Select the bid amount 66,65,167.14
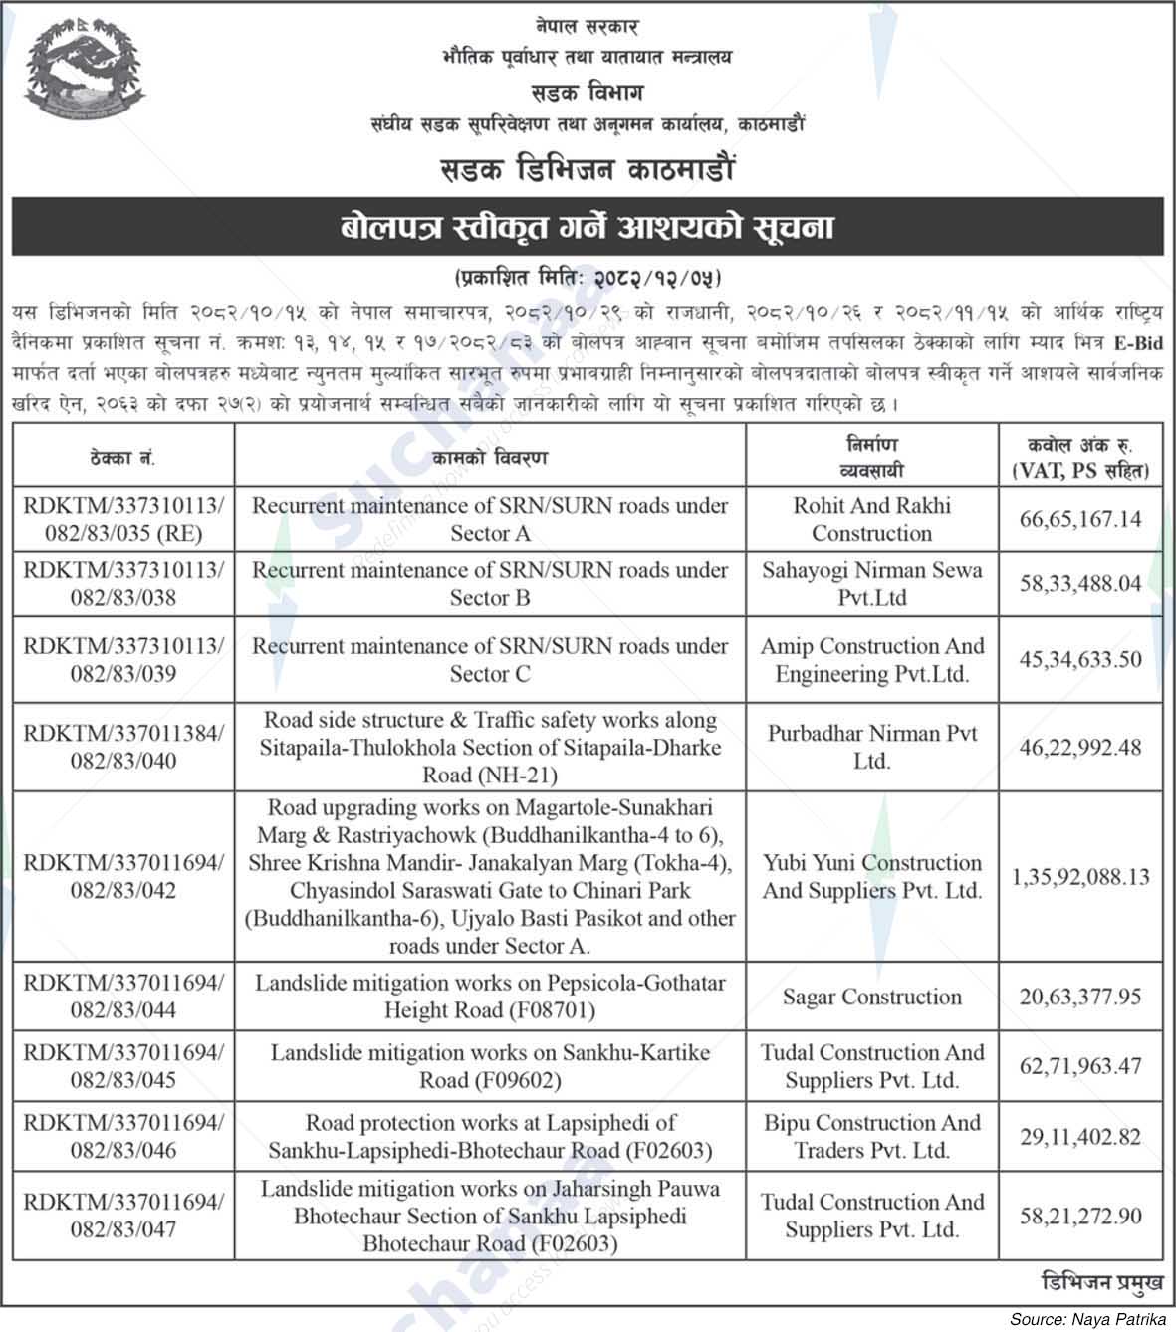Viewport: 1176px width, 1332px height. coord(1080,520)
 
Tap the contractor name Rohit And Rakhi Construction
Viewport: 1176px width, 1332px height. coord(872,519)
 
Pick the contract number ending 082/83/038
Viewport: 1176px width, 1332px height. coord(123,584)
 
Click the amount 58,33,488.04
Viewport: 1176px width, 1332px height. coord(1080,584)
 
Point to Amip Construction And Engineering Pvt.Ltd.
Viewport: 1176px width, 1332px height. coord(872,660)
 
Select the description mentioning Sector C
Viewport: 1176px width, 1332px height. coord(490,660)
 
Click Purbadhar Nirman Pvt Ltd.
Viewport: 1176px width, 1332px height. coord(872,747)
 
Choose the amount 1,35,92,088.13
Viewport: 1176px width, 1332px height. coord(1080,877)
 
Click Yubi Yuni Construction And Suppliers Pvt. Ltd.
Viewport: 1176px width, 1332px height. coord(872,877)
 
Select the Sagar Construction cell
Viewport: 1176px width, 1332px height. coord(872,997)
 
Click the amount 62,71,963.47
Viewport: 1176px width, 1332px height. coord(1080,1066)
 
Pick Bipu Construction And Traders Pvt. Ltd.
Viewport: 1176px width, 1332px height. coord(872,1136)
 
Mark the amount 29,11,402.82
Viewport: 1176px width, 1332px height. coord(1080,1136)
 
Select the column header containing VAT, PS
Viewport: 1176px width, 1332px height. coord(1080,457)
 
